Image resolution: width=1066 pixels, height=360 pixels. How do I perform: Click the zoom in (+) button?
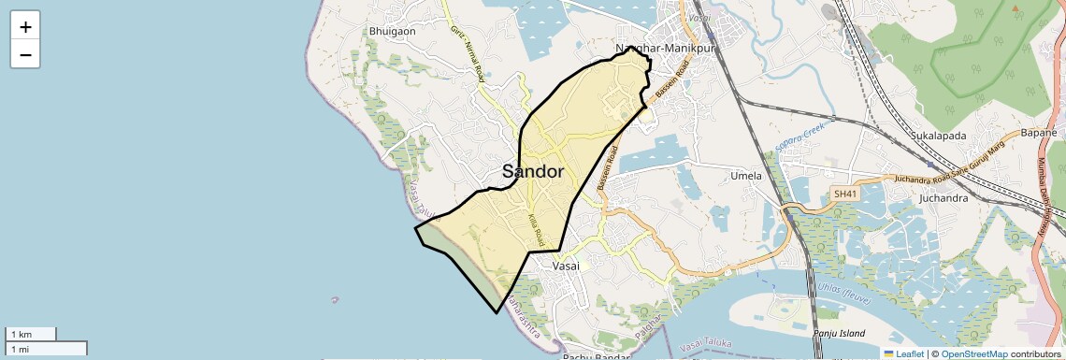[x=25, y=27]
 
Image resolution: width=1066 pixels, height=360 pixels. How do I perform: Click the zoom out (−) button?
[x=25, y=54]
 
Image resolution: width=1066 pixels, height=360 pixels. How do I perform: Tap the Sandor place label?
[x=533, y=172]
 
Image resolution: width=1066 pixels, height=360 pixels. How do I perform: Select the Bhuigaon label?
[x=393, y=31]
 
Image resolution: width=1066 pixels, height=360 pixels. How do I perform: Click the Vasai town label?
[x=567, y=266]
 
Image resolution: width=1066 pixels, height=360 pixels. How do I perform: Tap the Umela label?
[x=746, y=175]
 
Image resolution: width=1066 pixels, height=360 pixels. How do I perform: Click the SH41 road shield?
[x=844, y=194]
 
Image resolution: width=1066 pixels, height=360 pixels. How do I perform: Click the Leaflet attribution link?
[x=903, y=353]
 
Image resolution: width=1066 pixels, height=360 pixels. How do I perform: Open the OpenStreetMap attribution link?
[x=973, y=353]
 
